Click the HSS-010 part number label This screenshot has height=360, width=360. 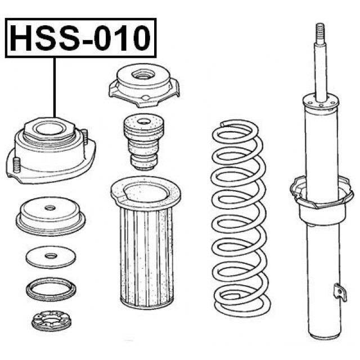[x=80, y=38]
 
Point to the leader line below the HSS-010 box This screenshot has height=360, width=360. [x=55, y=88]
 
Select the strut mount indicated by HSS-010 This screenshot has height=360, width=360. [x=51, y=150]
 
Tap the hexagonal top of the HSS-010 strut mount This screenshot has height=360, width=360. [x=49, y=129]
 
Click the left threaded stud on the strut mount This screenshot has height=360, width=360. [x=16, y=165]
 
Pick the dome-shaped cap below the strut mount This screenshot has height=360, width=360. [x=51, y=216]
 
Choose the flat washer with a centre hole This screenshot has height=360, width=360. [x=51, y=257]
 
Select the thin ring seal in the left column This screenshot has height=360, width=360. [x=51, y=289]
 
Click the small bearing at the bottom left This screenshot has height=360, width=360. [x=51, y=321]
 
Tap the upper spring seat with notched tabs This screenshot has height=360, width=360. [x=144, y=85]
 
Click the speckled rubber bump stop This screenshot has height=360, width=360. [x=144, y=142]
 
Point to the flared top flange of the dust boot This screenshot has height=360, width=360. [x=146, y=193]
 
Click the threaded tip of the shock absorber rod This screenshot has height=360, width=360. [x=320, y=33]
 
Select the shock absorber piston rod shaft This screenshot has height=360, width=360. [x=321, y=71]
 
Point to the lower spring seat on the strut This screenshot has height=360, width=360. [x=322, y=192]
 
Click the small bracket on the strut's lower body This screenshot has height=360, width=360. [x=340, y=292]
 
